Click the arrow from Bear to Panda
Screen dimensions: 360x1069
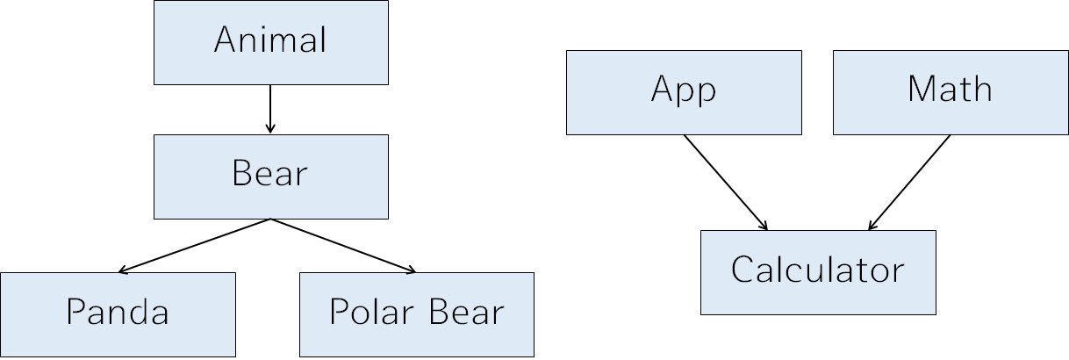[x=195, y=245]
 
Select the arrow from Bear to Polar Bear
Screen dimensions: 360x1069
[x=342, y=245]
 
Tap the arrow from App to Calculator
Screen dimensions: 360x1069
[x=725, y=182]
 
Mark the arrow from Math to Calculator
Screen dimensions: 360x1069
[x=909, y=182]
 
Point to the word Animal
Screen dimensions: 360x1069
[x=270, y=42]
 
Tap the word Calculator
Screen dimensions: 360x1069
[x=818, y=270]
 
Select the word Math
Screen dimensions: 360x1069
[x=950, y=90]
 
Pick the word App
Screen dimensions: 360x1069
[x=684, y=90]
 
